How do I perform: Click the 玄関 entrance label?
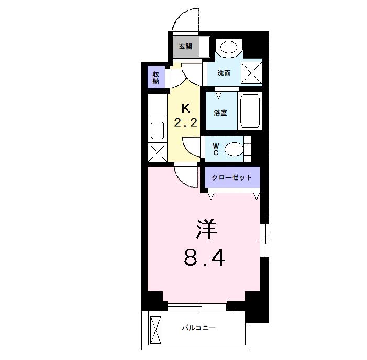click(185, 46)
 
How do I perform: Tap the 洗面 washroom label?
click(224, 73)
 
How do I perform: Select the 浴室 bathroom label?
click(220, 113)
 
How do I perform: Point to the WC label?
click(215, 150)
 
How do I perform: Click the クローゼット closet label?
click(231, 177)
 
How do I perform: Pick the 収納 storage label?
click(156, 78)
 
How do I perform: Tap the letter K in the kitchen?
click(185, 109)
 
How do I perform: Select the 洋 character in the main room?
click(206, 229)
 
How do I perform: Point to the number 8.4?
click(204, 257)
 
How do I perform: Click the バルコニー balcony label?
click(198, 328)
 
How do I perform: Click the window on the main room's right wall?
click(265, 241)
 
